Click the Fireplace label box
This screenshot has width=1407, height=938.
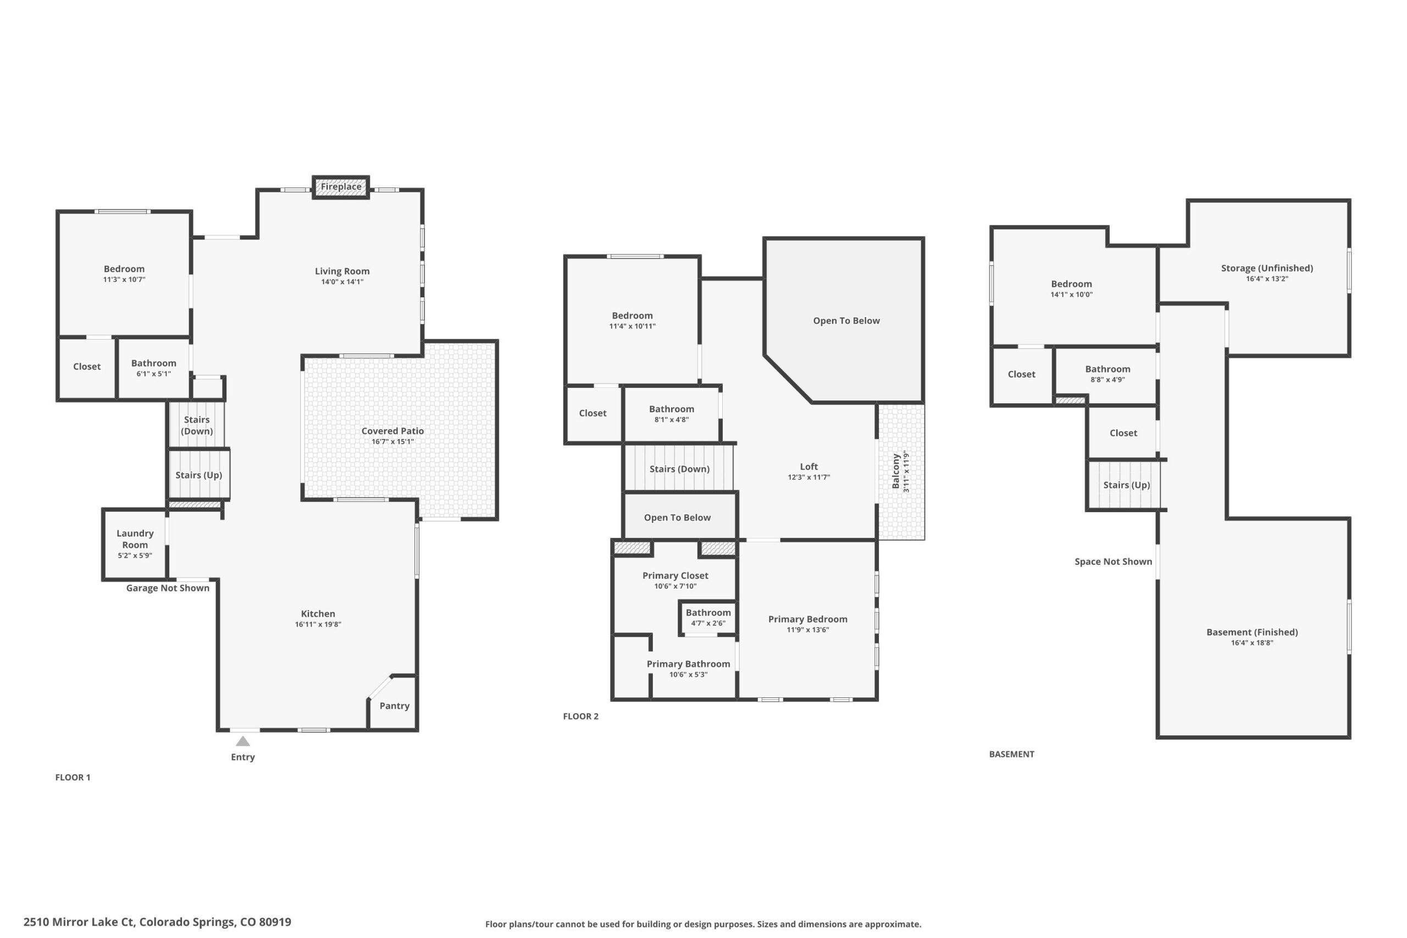[341, 187]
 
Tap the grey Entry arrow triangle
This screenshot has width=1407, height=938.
[243, 741]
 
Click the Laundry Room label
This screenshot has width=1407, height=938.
[135, 539]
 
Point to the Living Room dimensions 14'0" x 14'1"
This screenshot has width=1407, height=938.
[342, 282]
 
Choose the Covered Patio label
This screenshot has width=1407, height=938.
[392, 431]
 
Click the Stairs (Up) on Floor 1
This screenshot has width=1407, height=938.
[198, 474]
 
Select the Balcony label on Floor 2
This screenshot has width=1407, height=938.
[895, 471]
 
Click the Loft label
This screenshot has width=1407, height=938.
[809, 467]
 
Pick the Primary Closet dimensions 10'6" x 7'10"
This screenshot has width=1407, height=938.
[675, 586]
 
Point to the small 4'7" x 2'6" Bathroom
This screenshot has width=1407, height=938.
[708, 617]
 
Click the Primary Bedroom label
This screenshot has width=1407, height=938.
[807, 619]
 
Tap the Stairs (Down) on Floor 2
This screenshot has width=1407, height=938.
[679, 468]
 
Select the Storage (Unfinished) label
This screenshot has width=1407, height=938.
[1267, 268]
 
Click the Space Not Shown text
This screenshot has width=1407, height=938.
[1114, 562]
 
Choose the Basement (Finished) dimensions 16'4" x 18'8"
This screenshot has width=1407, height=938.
[1252, 643]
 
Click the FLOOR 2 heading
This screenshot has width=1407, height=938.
[580, 716]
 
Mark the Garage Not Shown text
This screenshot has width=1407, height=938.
[168, 588]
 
